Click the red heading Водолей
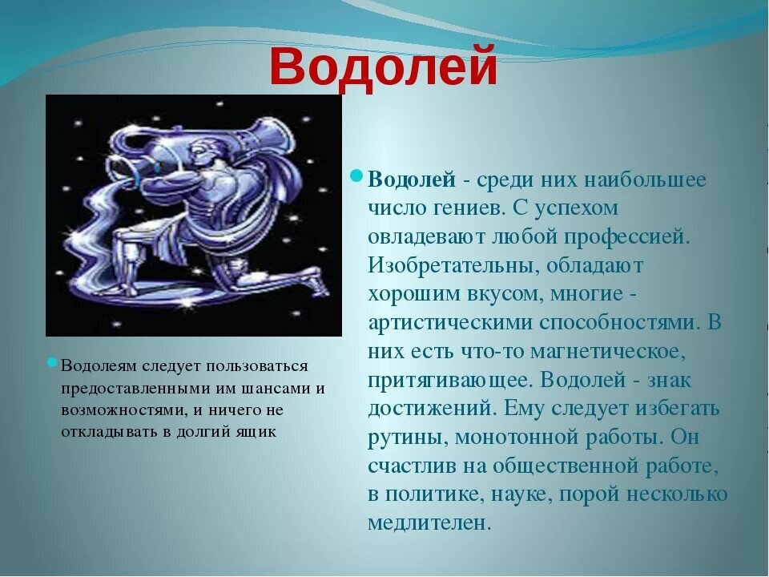click(x=383, y=67)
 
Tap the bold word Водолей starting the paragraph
click(x=412, y=180)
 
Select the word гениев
click(x=469, y=208)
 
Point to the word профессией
click(x=626, y=238)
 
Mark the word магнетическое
click(x=607, y=351)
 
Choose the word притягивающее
click(x=451, y=381)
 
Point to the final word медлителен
click(x=429, y=523)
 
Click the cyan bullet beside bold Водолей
click(x=356, y=176)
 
